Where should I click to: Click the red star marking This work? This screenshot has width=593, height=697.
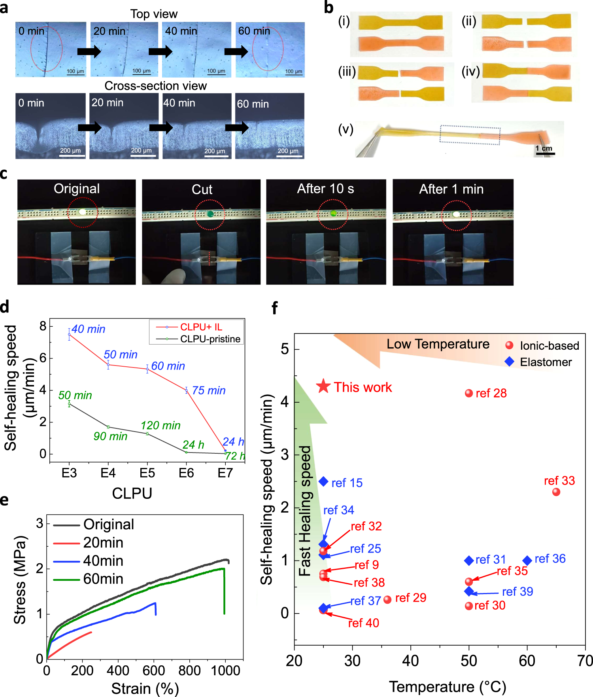(x=323, y=386)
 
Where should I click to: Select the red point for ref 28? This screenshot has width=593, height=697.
(x=469, y=393)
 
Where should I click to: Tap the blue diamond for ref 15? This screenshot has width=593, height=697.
(x=323, y=481)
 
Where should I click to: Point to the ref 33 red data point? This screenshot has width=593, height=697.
(x=556, y=492)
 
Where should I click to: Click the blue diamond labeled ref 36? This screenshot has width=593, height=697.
(x=527, y=561)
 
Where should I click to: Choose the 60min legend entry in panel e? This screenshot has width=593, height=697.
(x=103, y=579)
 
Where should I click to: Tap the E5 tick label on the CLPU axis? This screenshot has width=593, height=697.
(x=147, y=473)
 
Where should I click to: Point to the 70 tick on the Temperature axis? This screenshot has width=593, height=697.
(x=585, y=661)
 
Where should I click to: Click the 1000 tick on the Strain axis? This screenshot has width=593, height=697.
(x=225, y=671)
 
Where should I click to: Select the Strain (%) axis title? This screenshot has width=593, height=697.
(x=145, y=689)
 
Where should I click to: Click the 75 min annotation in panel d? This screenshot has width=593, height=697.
(x=208, y=390)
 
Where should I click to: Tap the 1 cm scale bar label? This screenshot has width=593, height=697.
(x=544, y=148)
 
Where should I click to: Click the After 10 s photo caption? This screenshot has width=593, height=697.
(x=325, y=189)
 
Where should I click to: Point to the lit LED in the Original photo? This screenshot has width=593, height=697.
(x=83, y=212)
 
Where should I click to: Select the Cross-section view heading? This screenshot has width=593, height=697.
(x=155, y=86)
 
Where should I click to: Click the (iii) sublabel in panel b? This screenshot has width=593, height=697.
(x=347, y=72)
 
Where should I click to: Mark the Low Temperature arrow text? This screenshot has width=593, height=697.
(x=438, y=344)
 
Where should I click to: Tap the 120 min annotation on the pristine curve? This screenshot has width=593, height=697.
(x=161, y=425)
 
